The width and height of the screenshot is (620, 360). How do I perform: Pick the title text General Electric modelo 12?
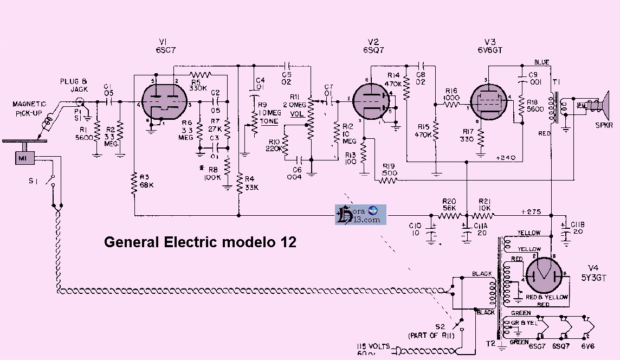click(x=200, y=242)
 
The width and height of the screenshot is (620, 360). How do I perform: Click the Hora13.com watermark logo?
click(x=360, y=214)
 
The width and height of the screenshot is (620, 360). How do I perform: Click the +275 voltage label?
click(x=531, y=211)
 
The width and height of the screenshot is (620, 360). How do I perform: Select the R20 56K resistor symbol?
click(x=449, y=216)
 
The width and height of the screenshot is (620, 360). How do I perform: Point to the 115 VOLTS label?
click(x=372, y=346)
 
